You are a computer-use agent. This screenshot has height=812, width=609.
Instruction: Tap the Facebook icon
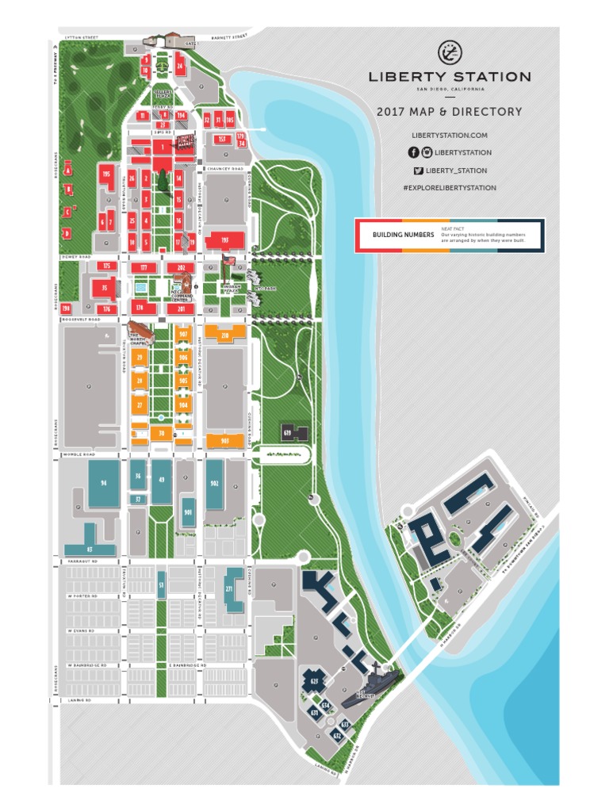coord(413,152)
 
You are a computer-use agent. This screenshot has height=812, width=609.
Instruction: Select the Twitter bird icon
coord(417,170)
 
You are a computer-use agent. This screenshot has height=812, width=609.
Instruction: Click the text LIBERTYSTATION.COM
coord(449,136)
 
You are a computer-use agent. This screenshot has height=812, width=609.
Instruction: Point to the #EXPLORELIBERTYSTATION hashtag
coord(450,188)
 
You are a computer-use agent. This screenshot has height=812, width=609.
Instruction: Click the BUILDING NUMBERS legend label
coord(403,235)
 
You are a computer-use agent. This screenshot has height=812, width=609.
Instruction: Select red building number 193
coord(224,239)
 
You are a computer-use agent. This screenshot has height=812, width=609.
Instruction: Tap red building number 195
coord(106,174)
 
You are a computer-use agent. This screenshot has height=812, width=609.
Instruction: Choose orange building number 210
coord(225,335)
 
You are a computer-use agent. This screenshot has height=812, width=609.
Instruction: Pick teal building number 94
coord(103,482)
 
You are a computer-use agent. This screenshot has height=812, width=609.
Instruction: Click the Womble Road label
coord(79,455)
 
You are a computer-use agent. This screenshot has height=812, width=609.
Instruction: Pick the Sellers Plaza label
coord(163,93)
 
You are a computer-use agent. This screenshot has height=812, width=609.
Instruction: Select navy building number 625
coord(315,680)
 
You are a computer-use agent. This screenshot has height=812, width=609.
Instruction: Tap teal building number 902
coord(214,483)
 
